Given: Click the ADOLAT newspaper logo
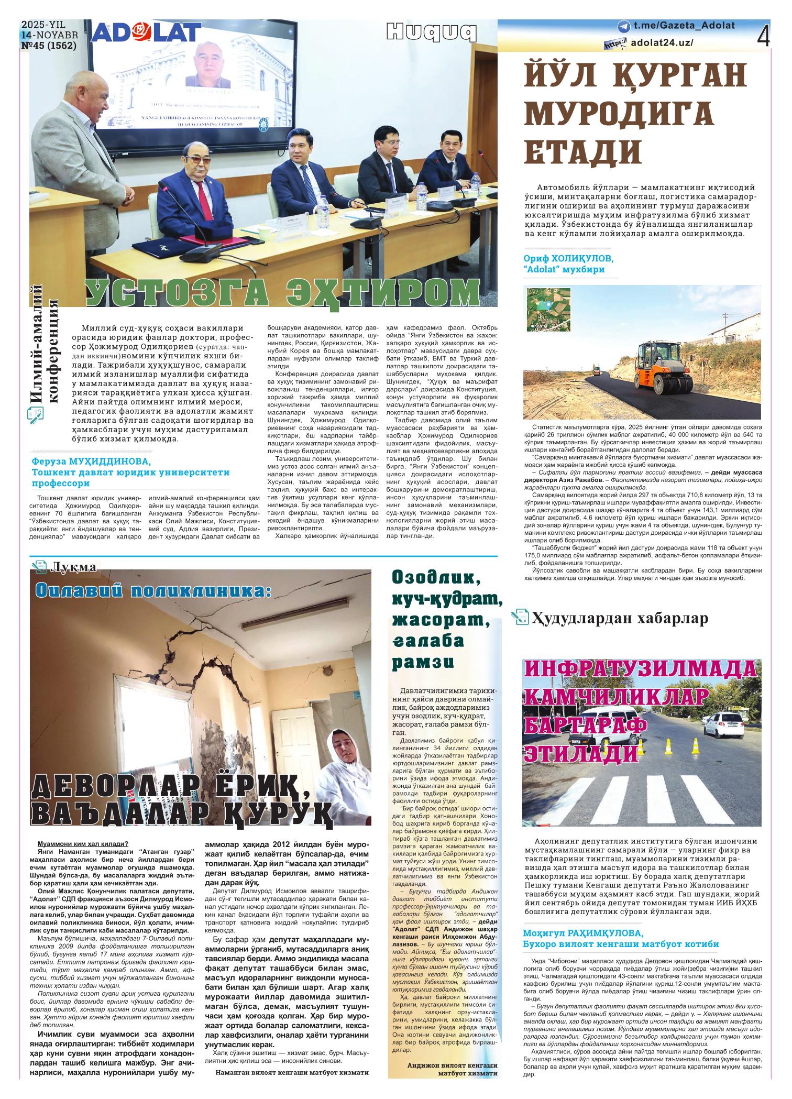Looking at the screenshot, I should tap(146, 32).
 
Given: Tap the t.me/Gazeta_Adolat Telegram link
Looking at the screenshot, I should tap(684, 25).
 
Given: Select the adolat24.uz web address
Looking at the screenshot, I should tap(662, 43).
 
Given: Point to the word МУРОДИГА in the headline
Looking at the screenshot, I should tap(619, 113).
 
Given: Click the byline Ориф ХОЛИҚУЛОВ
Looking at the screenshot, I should tap(568, 259).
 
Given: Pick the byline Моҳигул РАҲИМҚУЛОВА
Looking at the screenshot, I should tap(583, 933).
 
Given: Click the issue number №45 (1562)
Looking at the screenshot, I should tap(49, 45).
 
